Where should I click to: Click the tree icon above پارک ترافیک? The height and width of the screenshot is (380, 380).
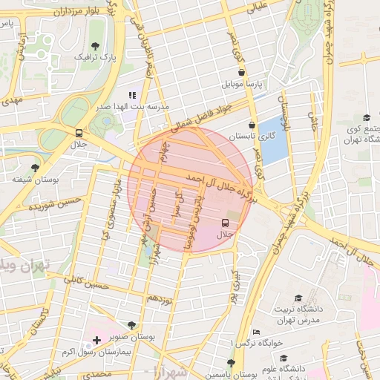(x=94, y=45)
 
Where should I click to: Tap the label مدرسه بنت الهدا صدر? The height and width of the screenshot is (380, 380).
(x=132, y=107)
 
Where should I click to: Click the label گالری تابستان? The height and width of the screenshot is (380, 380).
(x=252, y=137)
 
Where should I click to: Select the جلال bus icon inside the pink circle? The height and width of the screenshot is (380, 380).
(x=225, y=223)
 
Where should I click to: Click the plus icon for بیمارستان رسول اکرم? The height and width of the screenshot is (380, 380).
(x=96, y=340)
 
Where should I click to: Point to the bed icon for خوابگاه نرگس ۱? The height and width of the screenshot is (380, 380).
(x=257, y=332)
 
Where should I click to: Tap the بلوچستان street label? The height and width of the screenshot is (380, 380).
(x=284, y=105)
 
